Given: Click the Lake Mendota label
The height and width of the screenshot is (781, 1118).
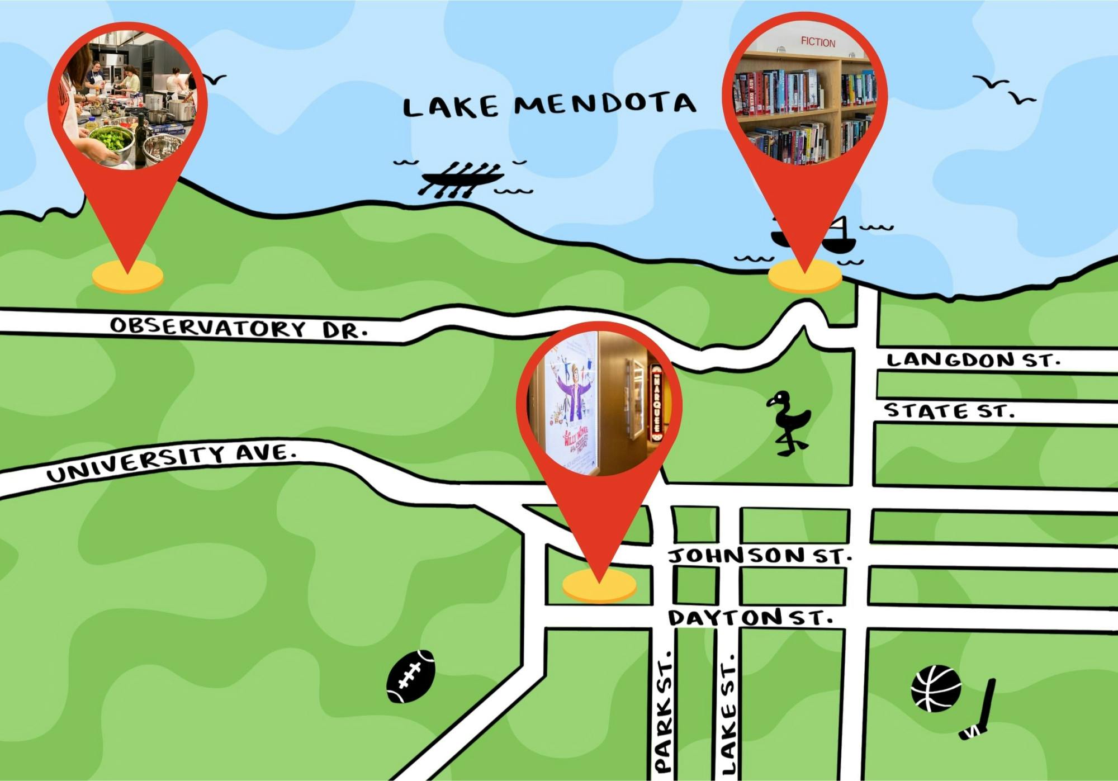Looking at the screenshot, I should click(x=549, y=105).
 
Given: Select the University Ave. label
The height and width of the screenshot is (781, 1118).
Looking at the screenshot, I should click(x=171, y=462).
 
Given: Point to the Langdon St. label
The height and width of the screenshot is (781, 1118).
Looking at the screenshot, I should click(x=973, y=359).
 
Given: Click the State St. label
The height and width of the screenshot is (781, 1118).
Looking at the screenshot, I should click(x=948, y=411).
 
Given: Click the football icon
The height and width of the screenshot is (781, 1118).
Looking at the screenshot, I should click(x=410, y=676).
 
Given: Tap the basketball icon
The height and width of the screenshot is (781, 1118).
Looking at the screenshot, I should click(x=936, y=688).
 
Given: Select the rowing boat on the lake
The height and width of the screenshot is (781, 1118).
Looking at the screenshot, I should click(x=462, y=179).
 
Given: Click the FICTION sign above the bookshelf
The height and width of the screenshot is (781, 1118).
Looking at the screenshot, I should click(x=818, y=42).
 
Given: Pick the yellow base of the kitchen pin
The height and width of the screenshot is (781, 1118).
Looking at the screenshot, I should click(x=127, y=276).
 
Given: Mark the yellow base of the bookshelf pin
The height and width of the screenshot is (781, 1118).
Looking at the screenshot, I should click(x=804, y=276).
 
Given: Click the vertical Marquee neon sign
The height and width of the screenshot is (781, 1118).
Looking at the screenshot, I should click(x=657, y=399).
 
